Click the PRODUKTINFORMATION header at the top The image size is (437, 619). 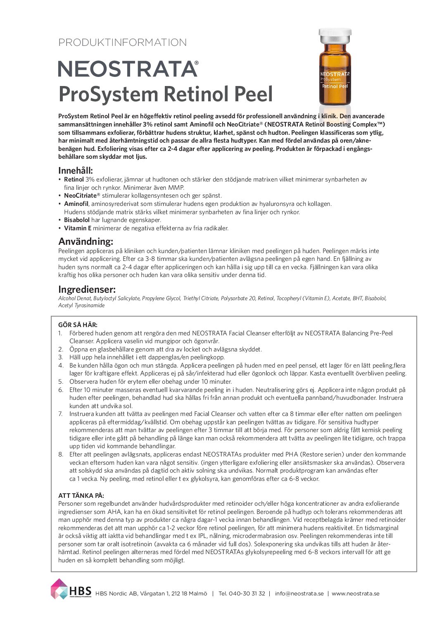click(x=122, y=43)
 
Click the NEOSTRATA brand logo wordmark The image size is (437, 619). click(x=128, y=69)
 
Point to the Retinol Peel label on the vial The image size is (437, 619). click(x=335, y=86)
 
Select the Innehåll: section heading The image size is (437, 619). click(x=76, y=170)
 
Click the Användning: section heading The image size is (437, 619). click(x=85, y=241)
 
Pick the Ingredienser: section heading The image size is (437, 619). click(x=87, y=289)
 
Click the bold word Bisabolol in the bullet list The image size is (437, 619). click(x=77, y=220)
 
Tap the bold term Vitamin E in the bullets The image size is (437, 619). click(x=78, y=228)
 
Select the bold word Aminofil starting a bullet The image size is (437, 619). click(x=76, y=204)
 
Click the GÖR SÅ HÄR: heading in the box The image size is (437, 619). click(x=78, y=325)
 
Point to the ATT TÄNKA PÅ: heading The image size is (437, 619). click(x=81, y=495)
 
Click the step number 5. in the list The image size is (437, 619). click(x=61, y=382)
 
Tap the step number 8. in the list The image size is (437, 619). click(x=61, y=454)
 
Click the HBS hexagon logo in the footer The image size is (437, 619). click(x=59, y=589)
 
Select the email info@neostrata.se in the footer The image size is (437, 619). click(x=299, y=593)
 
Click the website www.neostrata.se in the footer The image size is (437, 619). click(x=355, y=593)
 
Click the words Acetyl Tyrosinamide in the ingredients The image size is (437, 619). click(x=81, y=306)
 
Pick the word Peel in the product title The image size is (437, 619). click(x=254, y=94)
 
